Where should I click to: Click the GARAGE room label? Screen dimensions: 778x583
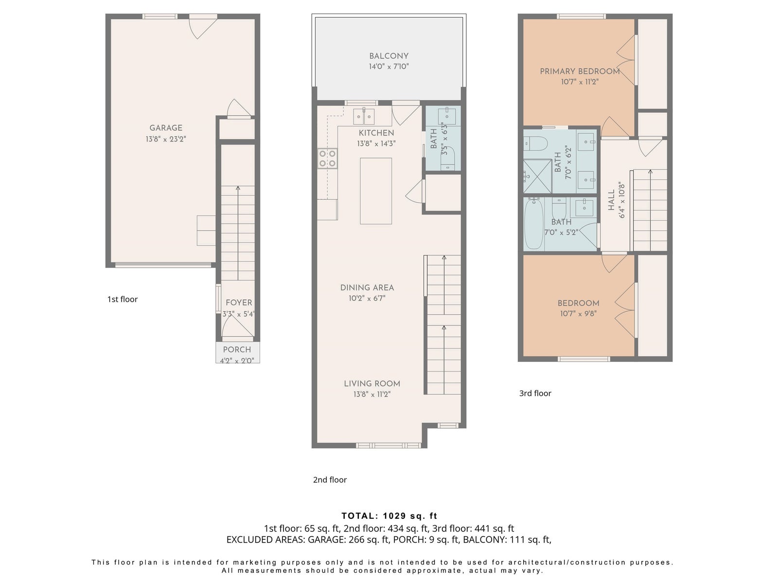165,128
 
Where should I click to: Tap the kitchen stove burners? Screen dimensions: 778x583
327,158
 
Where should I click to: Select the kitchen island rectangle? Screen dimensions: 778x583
376,191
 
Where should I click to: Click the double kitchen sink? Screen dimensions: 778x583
364,117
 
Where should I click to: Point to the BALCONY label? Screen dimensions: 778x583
389,56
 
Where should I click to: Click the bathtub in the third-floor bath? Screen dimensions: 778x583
533,223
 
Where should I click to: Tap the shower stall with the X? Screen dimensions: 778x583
537,176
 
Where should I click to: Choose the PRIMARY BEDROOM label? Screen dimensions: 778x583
580,71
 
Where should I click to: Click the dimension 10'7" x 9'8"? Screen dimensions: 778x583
578,313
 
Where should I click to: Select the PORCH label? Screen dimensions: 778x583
237,349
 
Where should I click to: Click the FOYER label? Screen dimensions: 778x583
239,303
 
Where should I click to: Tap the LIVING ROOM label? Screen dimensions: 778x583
372,383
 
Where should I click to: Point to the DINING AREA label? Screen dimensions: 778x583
367,288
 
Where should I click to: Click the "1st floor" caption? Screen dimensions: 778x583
122,299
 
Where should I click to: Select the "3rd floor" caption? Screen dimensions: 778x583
535,393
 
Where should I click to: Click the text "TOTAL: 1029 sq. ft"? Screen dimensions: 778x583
389,516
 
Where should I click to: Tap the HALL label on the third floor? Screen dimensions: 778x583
611,200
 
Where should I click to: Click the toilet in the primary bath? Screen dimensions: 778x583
536,144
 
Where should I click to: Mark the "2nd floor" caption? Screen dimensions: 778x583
330,480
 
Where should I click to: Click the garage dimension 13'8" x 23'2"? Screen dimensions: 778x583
165,139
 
